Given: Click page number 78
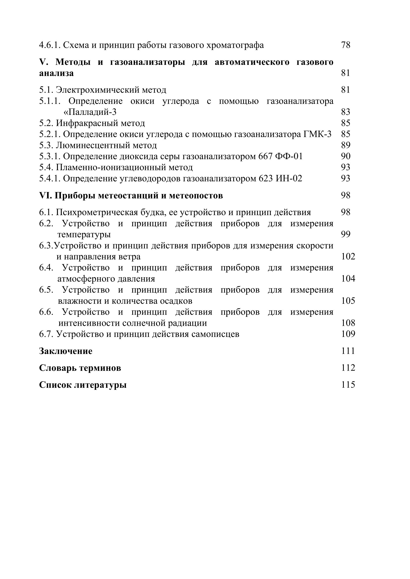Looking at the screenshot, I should coord(346,45).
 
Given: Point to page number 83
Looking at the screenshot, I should coord(346,112).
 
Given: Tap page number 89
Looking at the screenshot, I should coord(346,145).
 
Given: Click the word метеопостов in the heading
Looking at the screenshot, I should coord(196,196).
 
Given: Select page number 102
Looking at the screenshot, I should coord(348,257).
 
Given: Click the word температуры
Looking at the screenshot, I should coord(84,234).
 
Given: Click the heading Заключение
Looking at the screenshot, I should coord(66,351).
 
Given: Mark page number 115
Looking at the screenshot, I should coord(348,385).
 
